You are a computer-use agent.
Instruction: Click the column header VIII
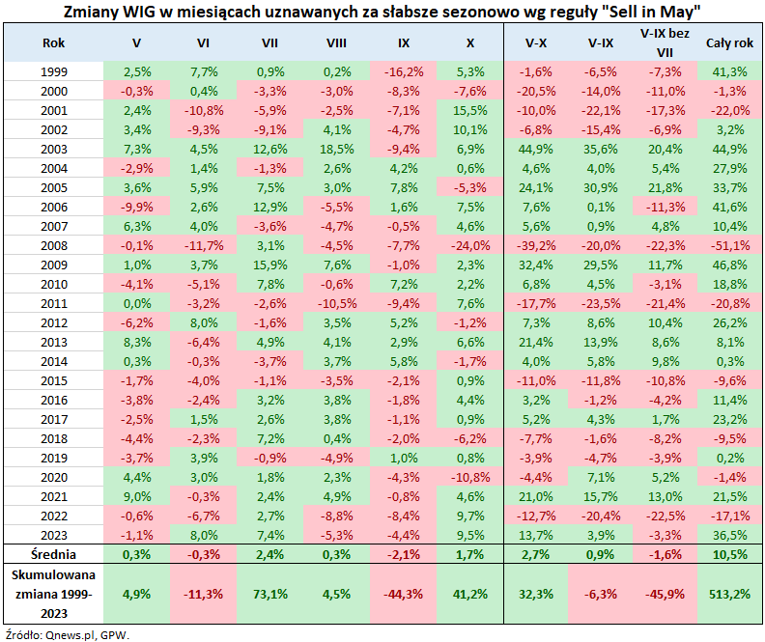(337, 43)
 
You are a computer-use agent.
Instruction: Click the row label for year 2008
(54, 244)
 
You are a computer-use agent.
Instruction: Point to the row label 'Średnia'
(54, 554)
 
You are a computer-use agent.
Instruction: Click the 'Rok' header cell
(54, 43)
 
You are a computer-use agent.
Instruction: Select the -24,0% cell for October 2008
(469, 244)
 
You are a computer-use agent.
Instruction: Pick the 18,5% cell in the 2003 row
(337, 148)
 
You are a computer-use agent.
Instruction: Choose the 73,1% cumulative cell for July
(269, 592)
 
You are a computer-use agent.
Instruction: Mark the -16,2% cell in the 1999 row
(403, 71)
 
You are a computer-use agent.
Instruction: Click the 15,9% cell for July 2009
(269, 264)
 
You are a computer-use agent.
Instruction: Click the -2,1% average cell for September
(403, 554)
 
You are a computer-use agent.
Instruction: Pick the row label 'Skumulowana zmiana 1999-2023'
(54, 592)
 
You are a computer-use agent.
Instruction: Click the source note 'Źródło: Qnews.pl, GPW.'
(67, 633)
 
